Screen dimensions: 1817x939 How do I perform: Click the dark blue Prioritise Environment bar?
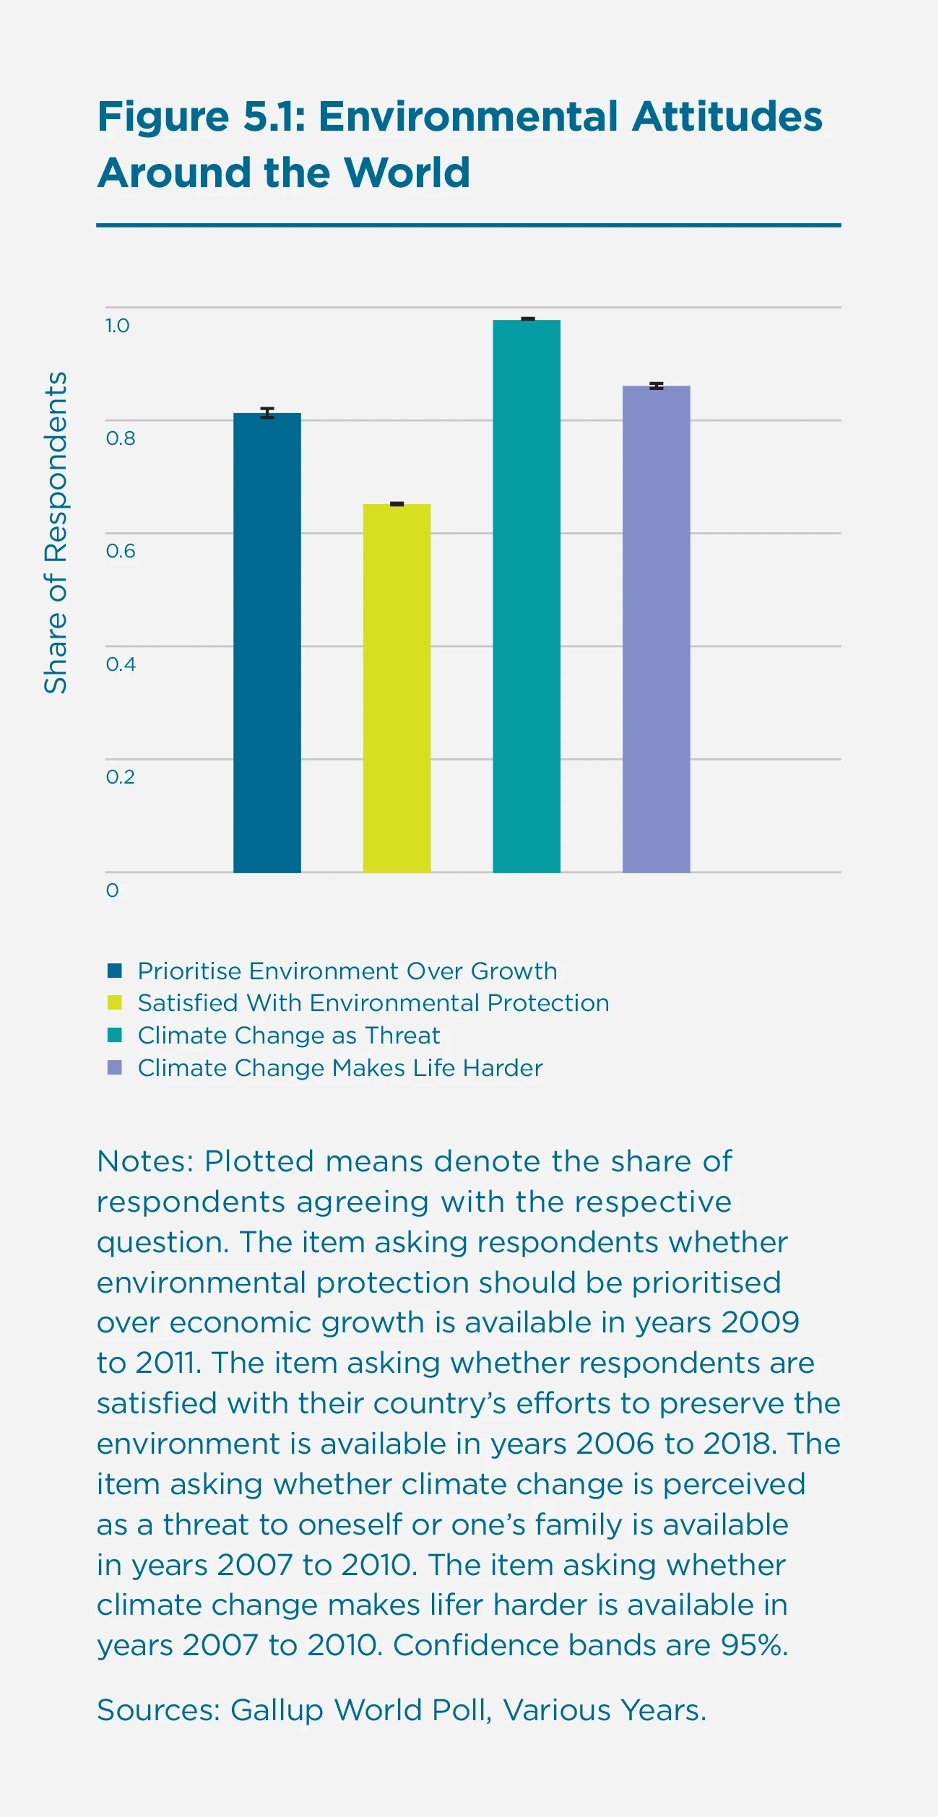pyautogui.click(x=267, y=643)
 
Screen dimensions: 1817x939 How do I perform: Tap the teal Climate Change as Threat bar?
pyautogui.click(x=527, y=596)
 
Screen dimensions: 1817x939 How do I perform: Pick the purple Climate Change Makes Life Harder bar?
pyautogui.click(x=656, y=629)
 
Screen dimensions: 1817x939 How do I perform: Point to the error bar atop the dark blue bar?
pyautogui.click(x=267, y=413)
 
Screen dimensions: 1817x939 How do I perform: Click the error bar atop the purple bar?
pyautogui.click(x=656, y=386)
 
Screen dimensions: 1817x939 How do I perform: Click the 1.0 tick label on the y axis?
pyautogui.click(x=117, y=326)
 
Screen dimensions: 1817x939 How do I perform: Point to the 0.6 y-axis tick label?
pyautogui.click(x=121, y=551)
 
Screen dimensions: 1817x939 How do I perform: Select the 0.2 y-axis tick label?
pyautogui.click(x=121, y=777)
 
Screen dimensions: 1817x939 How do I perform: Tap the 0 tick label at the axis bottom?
pyautogui.click(x=112, y=890)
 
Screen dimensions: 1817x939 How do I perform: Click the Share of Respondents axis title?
pyautogui.click(x=56, y=533)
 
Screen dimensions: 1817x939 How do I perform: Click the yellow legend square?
pyautogui.click(x=115, y=1002)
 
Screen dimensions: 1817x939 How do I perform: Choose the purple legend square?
pyautogui.click(x=115, y=1067)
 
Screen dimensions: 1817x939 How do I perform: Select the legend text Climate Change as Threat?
pyautogui.click(x=289, y=1036)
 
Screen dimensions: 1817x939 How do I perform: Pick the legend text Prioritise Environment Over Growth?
pyautogui.click(x=347, y=971)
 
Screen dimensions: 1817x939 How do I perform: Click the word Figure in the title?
pyautogui.click(x=163, y=116)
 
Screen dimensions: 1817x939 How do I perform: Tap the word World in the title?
pyautogui.click(x=407, y=173)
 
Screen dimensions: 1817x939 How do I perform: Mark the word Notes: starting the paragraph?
pyautogui.click(x=145, y=1162)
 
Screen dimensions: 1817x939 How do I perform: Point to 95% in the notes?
pyautogui.click(x=754, y=1646)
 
